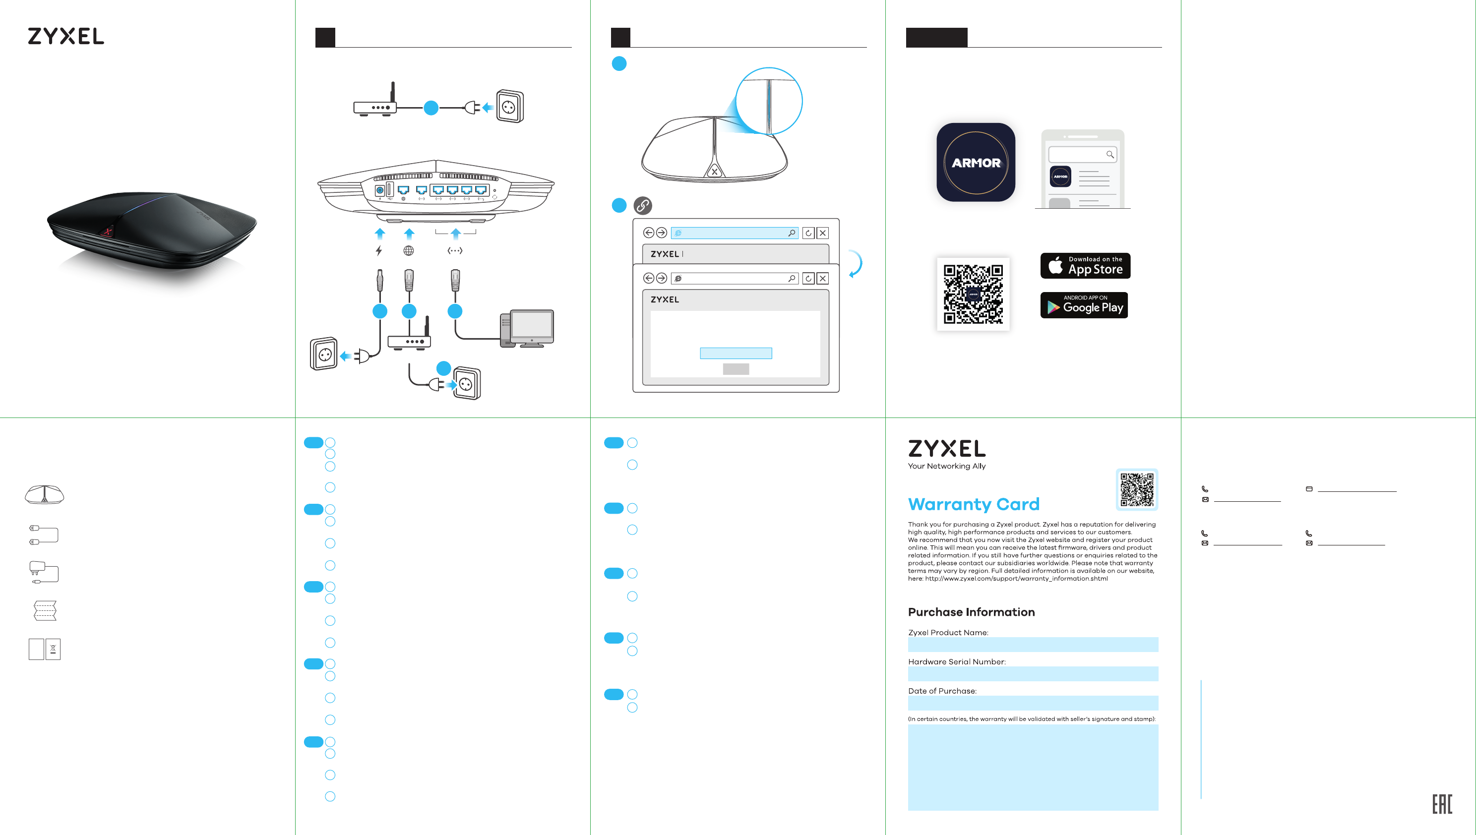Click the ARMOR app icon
coord(975,162)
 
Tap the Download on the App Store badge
coord(1085,266)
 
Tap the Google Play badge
coord(1084,305)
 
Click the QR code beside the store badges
coord(973,294)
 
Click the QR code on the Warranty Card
coord(1136,489)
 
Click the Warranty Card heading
coord(974,504)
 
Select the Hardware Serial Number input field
coord(1033,674)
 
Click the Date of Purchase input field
coord(1033,703)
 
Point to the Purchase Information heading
coord(971,612)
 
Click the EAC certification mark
coord(1442,804)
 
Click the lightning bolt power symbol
coord(378,250)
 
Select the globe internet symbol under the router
coord(409,250)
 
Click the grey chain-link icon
coord(642,205)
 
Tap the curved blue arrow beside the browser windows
coord(856,264)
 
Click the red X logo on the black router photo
coord(107,232)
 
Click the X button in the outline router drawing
coord(714,171)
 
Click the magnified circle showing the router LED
coord(769,101)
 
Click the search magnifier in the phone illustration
coord(1109,154)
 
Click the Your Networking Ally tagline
coord(946,466)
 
